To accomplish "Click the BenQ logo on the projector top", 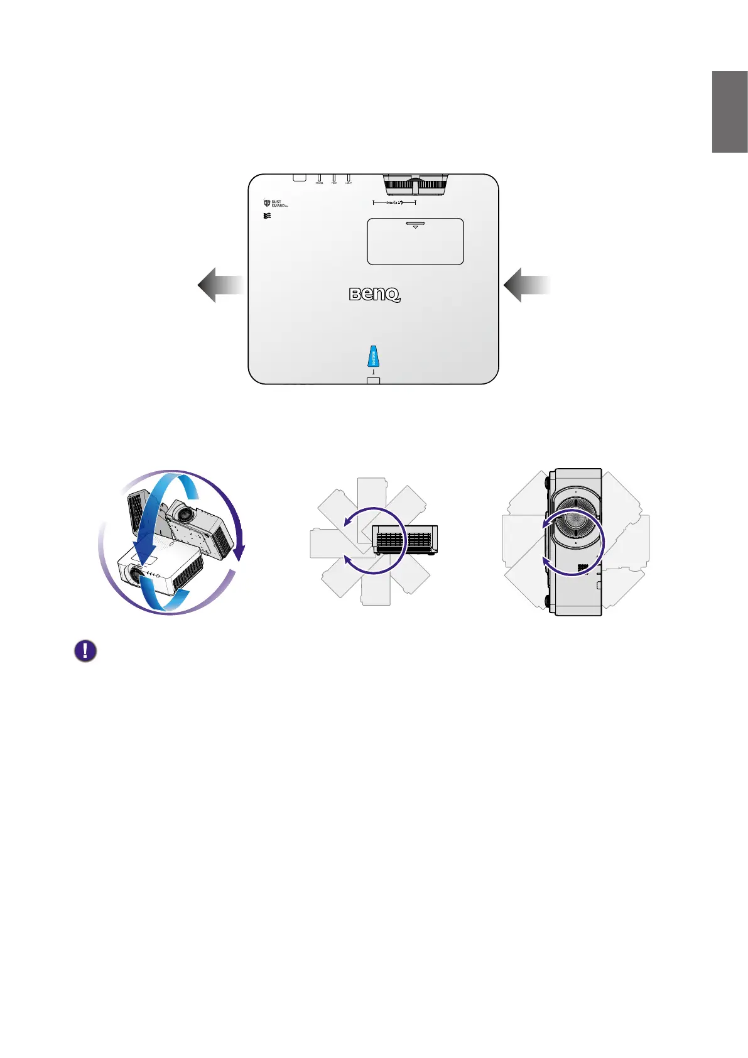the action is point(374,294).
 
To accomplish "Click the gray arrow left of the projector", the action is point(220,285).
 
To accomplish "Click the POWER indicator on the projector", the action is point(319,178).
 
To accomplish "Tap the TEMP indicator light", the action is point(333,178).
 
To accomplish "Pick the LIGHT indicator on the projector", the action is point(348,178).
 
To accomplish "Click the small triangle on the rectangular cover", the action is point(415,227).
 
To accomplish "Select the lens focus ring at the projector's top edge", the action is point(415,185).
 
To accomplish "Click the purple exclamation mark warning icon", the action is point(85,651).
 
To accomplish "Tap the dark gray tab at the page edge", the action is point(729,112).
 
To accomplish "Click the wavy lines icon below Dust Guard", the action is point(268,215).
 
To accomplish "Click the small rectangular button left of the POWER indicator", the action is point(300,178).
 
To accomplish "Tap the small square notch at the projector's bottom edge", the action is point(373,380).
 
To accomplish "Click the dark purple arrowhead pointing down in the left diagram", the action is point(239,553).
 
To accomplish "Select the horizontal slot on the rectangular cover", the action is point(415,222).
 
